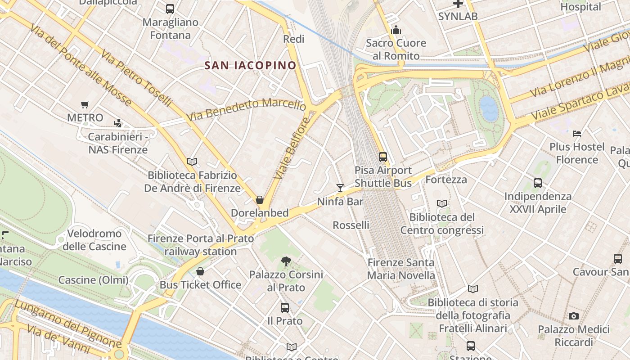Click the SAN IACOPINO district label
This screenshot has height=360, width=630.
(251, 65)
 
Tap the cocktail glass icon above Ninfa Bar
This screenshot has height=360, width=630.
(340, 188)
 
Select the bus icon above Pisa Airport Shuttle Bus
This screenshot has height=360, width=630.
(383, 157)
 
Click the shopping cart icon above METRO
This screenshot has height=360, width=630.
(85, 105)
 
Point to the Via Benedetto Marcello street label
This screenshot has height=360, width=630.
(246, 110)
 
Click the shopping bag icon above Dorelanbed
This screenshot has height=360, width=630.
(260, 200)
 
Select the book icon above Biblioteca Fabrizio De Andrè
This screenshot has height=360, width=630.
(192, 162)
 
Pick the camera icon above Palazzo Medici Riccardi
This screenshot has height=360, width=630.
(573, 316)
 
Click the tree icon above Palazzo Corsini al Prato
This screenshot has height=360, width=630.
(286, 261)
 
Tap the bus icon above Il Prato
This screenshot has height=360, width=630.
(285, 308)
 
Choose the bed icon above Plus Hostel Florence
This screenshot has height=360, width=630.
(577, 134)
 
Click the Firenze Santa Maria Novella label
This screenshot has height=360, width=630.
(401, 269)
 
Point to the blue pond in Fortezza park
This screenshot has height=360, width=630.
(489, 108)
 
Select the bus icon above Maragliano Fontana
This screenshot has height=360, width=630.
(170, 9)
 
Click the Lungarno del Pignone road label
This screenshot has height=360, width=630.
(67, 323)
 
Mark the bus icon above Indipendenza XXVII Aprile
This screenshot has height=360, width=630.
(538, 183)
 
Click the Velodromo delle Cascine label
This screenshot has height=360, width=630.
(94, 240)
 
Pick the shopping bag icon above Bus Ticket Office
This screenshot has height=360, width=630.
(200, 271)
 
